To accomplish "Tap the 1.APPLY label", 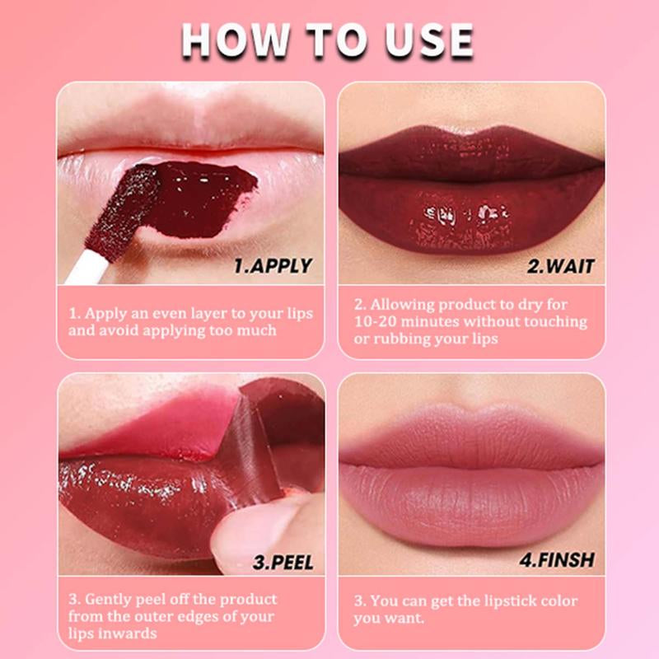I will tap(273, 265).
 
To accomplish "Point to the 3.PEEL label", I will tap(283, 563).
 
